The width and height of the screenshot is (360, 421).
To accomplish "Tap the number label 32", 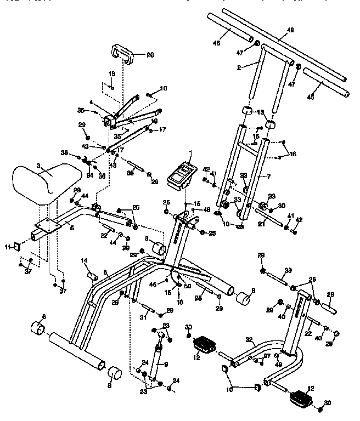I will pos(250,340).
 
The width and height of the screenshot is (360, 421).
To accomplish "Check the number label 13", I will pos(261,112).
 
